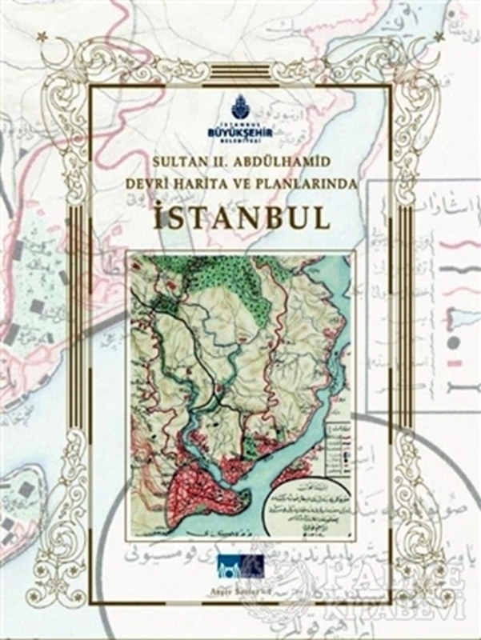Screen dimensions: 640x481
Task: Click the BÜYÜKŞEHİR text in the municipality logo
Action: pos(240,127)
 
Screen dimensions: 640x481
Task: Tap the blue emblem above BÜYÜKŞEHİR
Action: pos(240,106)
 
